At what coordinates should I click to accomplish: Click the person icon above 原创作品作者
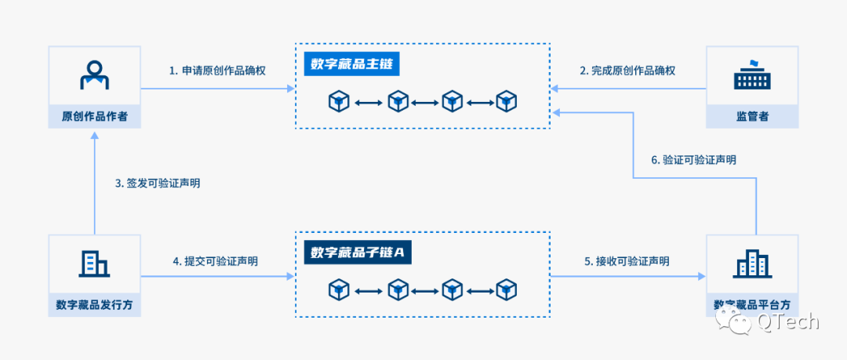[94, 75]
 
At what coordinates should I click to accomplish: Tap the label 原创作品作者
[94, 117]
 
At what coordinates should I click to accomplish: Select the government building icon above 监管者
[752, 75]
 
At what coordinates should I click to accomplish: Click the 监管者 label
[752, 117]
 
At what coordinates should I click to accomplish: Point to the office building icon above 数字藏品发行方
[94, 264]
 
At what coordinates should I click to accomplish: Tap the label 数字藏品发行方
[94, 305]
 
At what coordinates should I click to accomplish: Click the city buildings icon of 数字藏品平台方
[752, 264]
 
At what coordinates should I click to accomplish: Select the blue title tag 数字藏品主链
[352, 64]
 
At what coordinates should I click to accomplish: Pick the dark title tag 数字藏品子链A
[357, 253]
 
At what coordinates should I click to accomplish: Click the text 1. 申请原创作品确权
[217, 71]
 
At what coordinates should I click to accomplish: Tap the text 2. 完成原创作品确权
[627, 71]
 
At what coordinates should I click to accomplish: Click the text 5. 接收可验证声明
[627, 261]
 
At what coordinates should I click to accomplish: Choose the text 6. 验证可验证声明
[694, 159]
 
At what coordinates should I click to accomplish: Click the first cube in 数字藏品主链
[339, 101]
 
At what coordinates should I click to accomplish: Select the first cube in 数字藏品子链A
[339, 290]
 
